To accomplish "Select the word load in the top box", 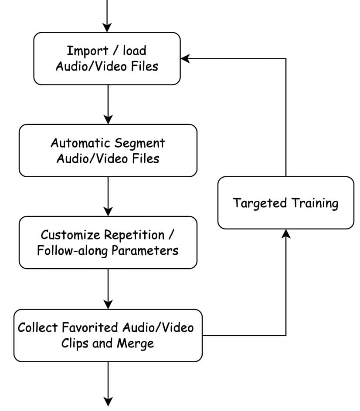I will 134,51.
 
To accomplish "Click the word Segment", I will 139,143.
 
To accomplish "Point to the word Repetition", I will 134,235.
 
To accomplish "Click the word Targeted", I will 260,203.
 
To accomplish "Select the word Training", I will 315,203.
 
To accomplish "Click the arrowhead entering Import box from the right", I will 185,59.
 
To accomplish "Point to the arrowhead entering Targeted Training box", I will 286,234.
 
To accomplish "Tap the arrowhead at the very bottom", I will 108,401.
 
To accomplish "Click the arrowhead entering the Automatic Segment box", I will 108,119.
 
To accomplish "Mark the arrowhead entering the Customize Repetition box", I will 108,212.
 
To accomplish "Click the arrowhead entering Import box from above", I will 108,27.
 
